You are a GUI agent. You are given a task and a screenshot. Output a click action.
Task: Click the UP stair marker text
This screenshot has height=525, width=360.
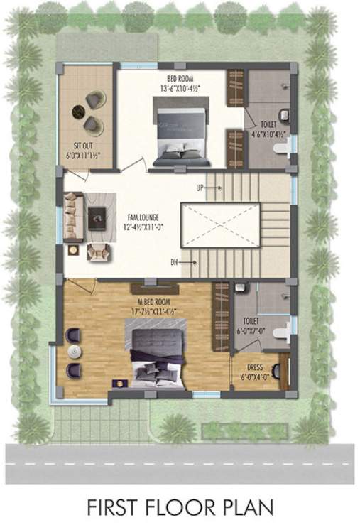(202, 188)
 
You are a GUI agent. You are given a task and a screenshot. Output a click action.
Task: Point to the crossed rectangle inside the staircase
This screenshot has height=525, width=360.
(220, 225)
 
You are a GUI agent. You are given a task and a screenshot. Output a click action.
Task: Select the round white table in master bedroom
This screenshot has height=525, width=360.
(73, 352)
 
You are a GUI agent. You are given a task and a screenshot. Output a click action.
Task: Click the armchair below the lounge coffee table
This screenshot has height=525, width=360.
(97, 251)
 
